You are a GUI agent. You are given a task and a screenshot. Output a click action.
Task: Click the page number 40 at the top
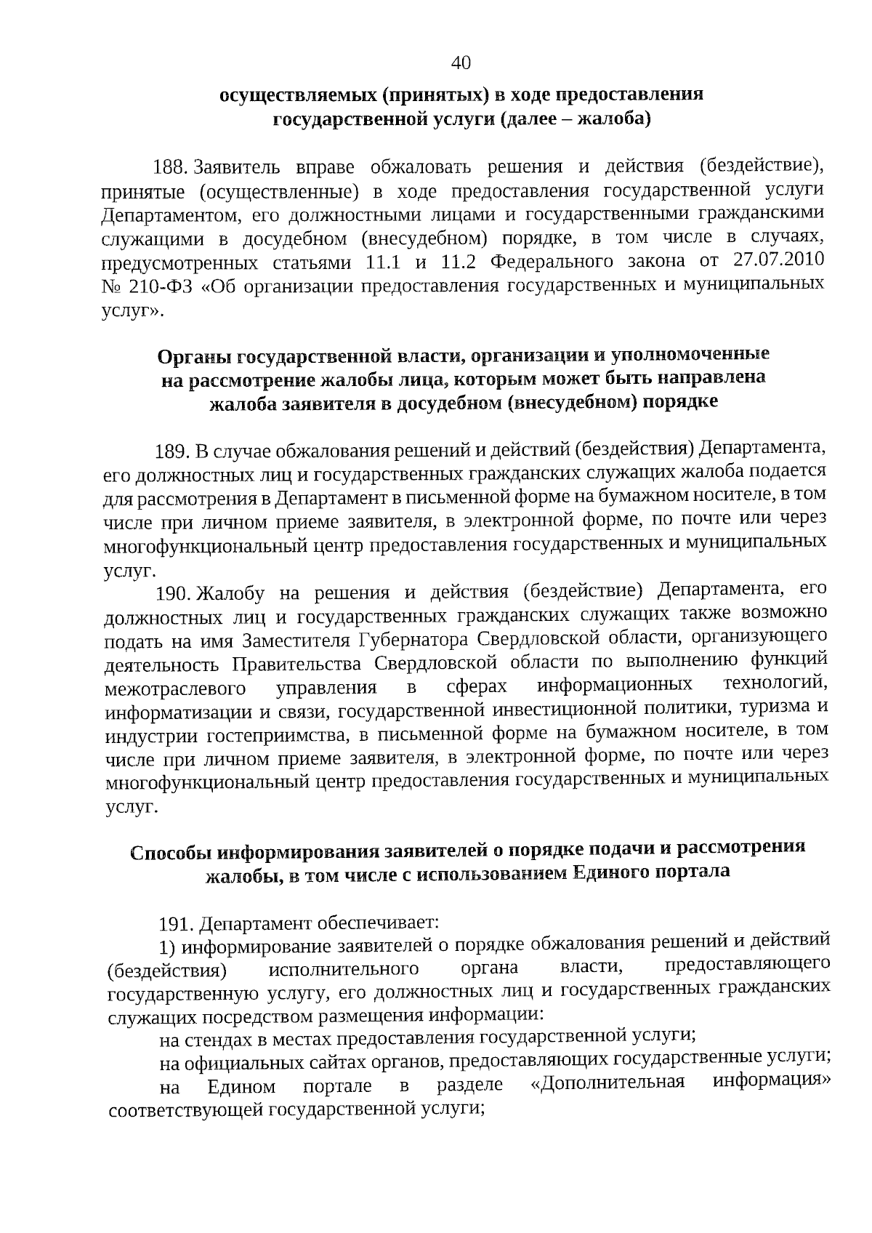tap(461, 63)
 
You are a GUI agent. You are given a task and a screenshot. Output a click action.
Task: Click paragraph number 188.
tap(171, 168)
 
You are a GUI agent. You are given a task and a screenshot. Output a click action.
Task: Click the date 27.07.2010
tap(778, 260)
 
